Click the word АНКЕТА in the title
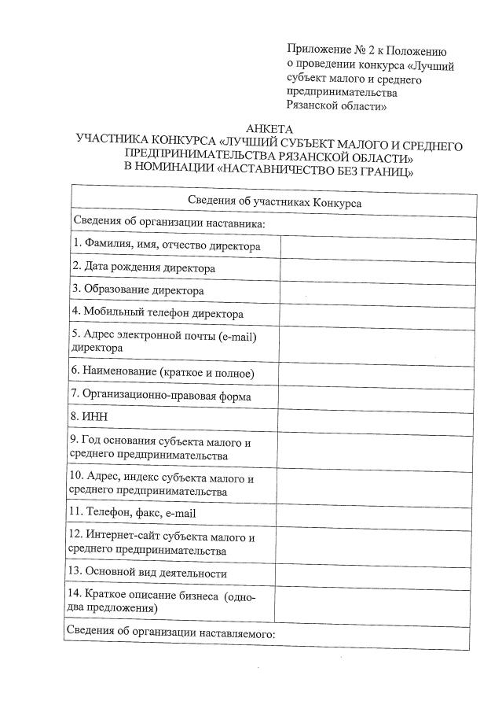point(269,129)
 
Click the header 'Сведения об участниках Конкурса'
point(274,201)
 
